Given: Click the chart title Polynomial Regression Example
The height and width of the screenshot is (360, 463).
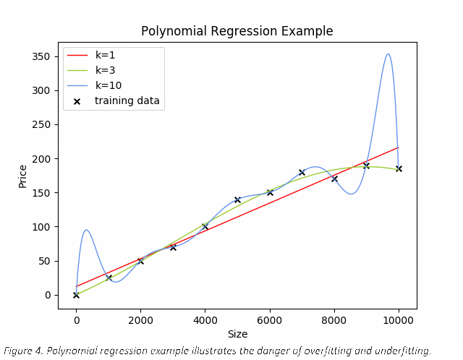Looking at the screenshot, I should [x=237, y=31].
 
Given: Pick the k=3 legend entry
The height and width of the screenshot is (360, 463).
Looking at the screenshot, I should [x=105, y=70].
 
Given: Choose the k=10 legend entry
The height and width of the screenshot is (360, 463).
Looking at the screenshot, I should [x=108, y=85].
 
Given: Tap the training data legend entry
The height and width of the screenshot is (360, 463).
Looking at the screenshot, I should [x=127, y=100].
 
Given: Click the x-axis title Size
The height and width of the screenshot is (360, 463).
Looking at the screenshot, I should [x=237, y=335].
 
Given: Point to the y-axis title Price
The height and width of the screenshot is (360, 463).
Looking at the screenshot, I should [x=22, y=176].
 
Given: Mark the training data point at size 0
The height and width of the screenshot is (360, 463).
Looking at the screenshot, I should [x=76, y=295].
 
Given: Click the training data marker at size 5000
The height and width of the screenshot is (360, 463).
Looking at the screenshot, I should [x=237, y=200].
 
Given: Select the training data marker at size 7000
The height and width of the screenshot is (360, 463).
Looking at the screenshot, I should [x=302, y=172].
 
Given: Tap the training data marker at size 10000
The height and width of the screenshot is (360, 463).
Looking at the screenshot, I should [x=399, y=168].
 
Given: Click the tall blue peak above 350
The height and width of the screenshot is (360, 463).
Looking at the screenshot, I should [x=388, y=53].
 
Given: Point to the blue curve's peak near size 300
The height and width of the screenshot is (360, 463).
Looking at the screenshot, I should [x=86, y=230].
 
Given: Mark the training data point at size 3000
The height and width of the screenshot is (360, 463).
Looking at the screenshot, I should [x=173, y=247].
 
